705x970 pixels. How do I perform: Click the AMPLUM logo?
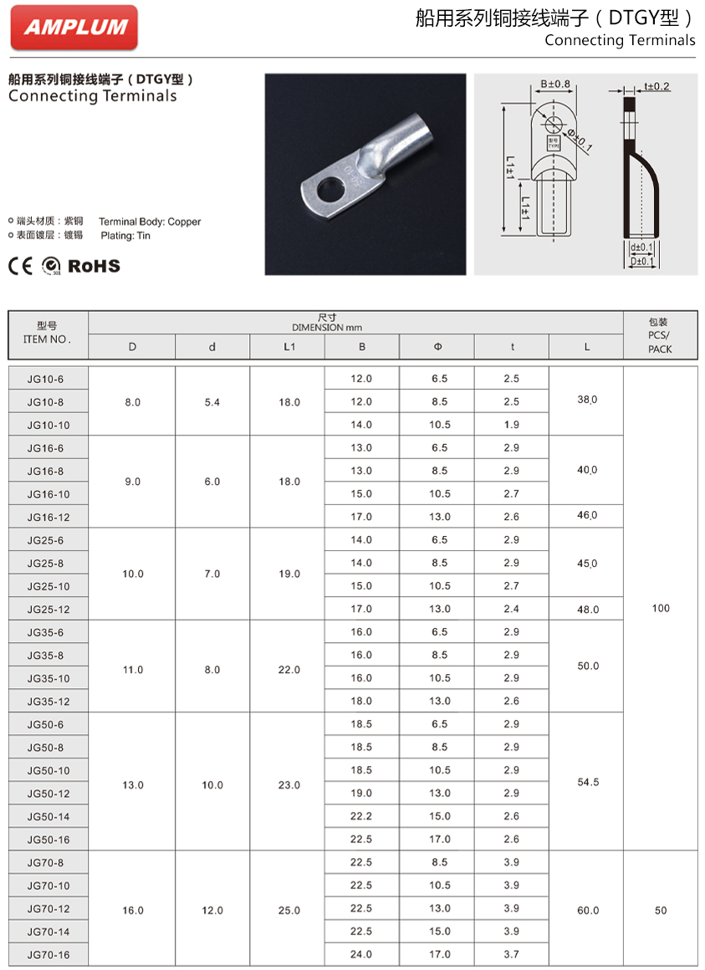pyautogui.click(x=74, y=27)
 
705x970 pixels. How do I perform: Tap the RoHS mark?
pyautogui.click(x=94, y=266)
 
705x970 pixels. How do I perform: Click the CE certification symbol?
pyautogui.click(x=20, y=266)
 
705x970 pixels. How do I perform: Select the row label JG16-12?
pyautogui.click(x=49, y=518)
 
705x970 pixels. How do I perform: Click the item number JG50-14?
pyautogui.click(x=49, y=816)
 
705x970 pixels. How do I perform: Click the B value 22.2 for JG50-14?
pyautogui.click(x=361, y=816)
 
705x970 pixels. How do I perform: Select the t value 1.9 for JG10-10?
pyautogui.click(x=512, y=425)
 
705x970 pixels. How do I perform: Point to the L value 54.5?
pyautogui.click(x=588, y=783)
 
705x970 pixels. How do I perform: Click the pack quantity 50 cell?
pyautogui.click(x=661, y=910)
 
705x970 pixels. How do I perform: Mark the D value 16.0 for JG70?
pyautogui.click(x=133, y=910)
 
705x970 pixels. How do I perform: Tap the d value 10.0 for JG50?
pyautogui.click(x=212, y=785)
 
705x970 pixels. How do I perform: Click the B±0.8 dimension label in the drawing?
pyautogui.click(x=554, y=84)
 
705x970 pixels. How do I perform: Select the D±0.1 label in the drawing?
pyautogui.click(x=642, y=261)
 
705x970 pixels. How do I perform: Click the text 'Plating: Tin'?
pyautogui.click(x=126, y=236)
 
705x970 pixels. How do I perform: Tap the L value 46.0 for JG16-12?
pyautogui.click(x=588, y=515)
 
